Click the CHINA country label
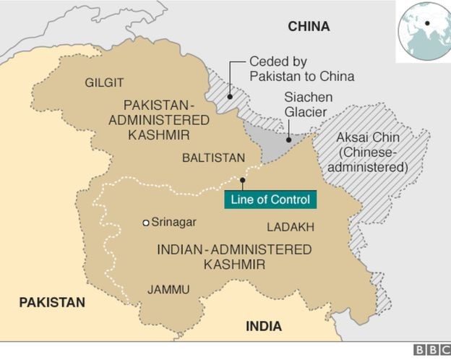[309, 27]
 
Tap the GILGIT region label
[104, 82]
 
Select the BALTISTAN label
[213, 158]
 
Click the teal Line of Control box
[270, 200]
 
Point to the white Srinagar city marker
[145, 223]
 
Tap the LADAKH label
[291, 227]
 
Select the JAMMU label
[168, 289]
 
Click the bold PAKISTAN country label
[52, 302]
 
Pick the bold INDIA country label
[264, 326]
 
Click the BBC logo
[431, 351]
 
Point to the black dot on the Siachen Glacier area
[288, 140]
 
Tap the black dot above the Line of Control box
[242, 180]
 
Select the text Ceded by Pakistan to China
[301, 69]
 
